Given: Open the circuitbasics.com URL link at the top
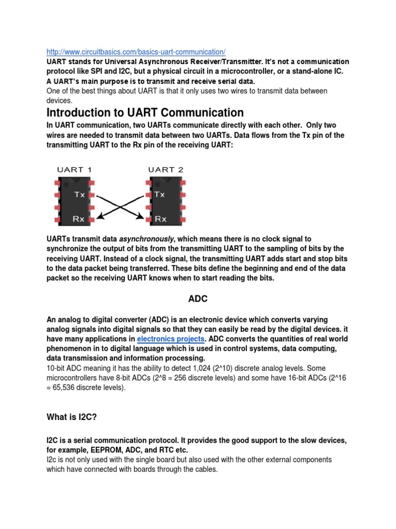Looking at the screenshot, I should point(136,52).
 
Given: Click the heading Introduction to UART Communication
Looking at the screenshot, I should point(145,113).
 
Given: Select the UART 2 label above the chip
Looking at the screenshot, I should point(166,169).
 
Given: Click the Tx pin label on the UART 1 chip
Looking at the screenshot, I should point(80,195).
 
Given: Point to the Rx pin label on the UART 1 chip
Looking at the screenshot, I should point(79,219).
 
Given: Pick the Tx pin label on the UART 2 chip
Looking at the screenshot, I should point(160,195).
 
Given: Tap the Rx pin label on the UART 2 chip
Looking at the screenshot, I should point(161,219).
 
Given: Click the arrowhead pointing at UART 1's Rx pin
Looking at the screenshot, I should point(103,217).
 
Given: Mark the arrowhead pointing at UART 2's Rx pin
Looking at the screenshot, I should point(139,217).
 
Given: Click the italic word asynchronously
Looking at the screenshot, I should point(147,239).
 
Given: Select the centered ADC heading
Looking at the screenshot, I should point(197,298).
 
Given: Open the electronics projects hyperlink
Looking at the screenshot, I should point(171,339).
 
